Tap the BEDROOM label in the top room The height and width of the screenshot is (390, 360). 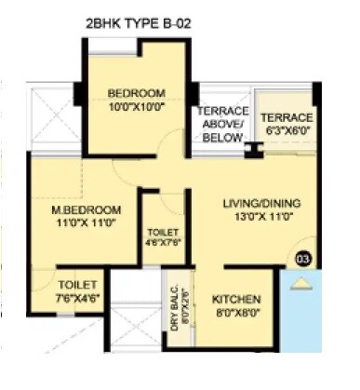coord(136,93)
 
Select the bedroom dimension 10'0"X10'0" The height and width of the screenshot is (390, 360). coord(136,106)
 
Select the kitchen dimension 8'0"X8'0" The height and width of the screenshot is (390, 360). coord(237,314)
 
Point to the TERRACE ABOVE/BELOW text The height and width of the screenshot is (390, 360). coord(220,124)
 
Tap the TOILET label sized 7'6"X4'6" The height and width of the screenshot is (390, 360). coord(73,285)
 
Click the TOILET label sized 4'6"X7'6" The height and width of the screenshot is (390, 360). coord(164,232)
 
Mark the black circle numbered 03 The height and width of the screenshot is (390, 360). coord(301,258)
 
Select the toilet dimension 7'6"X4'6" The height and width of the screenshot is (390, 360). coord(73,298)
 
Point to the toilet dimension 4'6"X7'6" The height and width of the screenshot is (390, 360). coord(164,245)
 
